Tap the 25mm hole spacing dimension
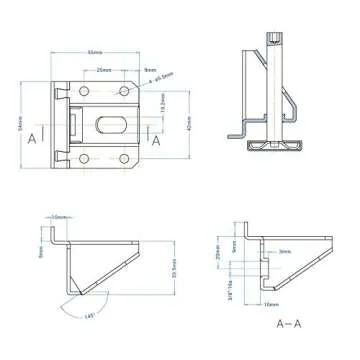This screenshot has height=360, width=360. point(104,70)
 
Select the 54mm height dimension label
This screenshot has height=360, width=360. point(22,121)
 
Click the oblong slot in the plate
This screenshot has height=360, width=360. point(112,125)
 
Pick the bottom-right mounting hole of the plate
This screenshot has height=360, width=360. point(125,158)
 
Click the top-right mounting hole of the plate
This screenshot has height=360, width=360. point(125,91)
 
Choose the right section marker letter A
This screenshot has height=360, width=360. point(156,139)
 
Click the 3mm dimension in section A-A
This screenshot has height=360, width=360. point(285,252)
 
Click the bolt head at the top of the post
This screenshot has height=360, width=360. point(273,41)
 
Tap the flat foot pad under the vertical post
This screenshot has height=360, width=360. point(273,146)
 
